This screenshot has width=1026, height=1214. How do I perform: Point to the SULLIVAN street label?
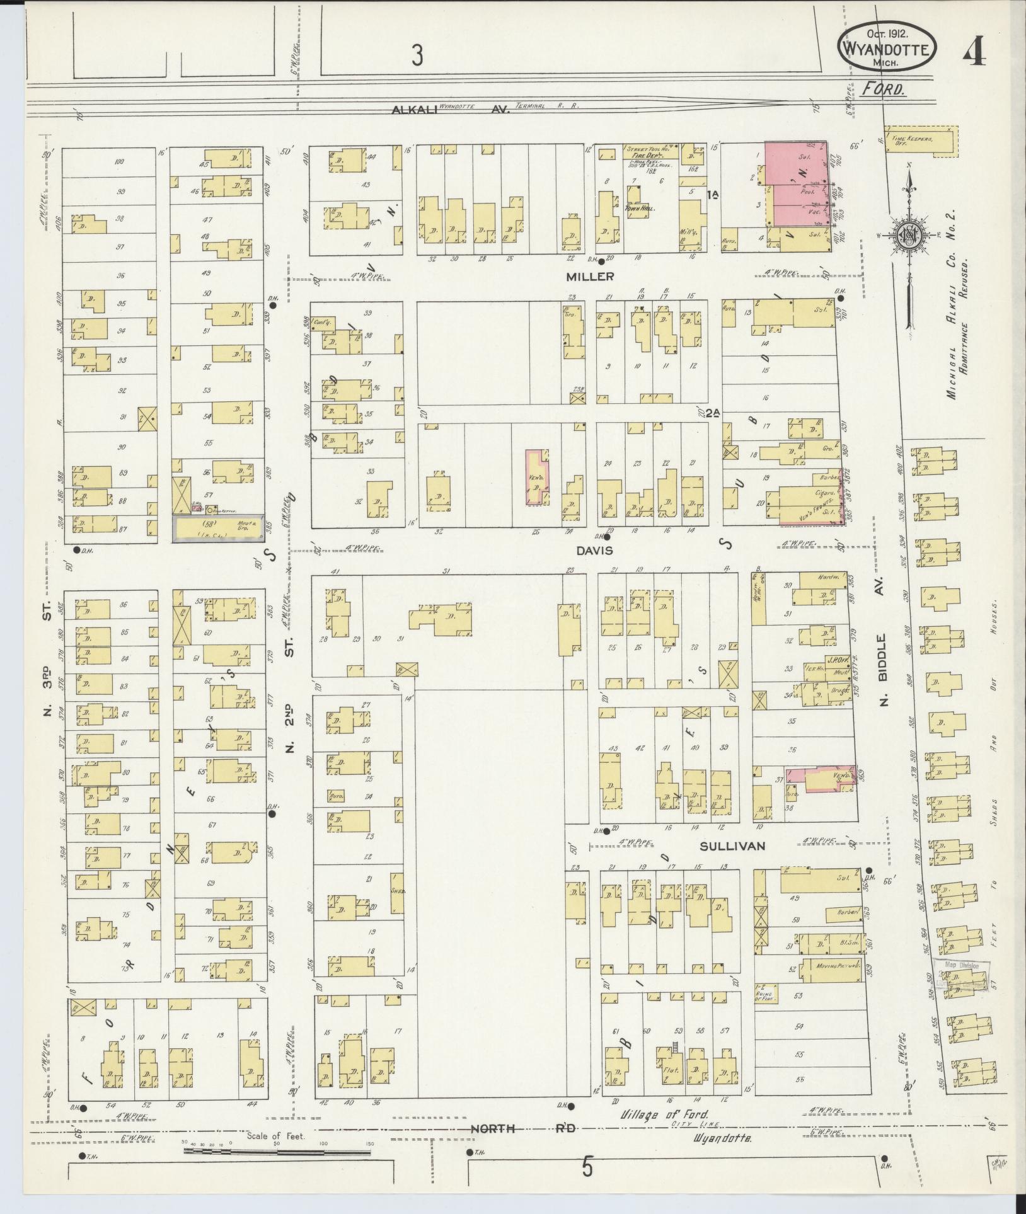[732, 846]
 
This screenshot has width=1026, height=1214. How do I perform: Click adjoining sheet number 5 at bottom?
[587, 1167]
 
